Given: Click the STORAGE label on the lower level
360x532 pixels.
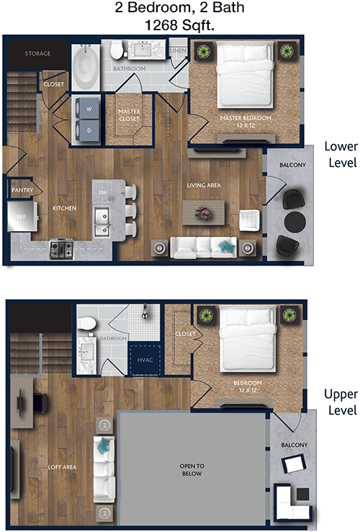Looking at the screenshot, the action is [x=37, y=53].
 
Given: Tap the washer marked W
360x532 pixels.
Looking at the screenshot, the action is [x=89, y=109].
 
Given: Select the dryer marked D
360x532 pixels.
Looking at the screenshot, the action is [x=89, y=130].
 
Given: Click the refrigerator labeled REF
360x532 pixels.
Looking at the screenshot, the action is [x=22, y=217].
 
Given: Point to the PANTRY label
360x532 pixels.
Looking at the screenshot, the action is [x=22, y=190].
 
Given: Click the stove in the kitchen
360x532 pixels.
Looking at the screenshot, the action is [x=62, y=248].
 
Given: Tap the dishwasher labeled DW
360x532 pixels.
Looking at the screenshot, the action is [x=103, y=192].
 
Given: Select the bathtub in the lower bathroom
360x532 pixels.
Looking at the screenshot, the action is [x=86, y=68].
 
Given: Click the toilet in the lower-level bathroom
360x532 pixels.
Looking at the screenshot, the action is [x=117, y=50].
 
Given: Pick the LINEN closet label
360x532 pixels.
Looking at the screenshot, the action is [x=178, y=50].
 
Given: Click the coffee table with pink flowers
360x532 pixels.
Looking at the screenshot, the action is [x=204, y=212].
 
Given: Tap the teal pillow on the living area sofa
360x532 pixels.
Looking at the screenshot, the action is [x=226, y=247].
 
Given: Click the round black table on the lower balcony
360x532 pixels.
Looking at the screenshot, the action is [x=295, y=222].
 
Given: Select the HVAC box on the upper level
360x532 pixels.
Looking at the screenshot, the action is [x=145, y=360].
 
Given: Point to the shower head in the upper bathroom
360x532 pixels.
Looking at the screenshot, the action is [x=145, y=311].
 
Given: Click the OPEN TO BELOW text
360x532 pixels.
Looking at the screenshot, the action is [x=192, y=470].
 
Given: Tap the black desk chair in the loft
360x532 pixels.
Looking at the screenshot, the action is [x=40, y=402].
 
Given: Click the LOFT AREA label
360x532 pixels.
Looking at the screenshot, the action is [x=62, y=467].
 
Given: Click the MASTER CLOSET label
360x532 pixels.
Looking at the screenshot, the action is [x=129, y=115].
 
